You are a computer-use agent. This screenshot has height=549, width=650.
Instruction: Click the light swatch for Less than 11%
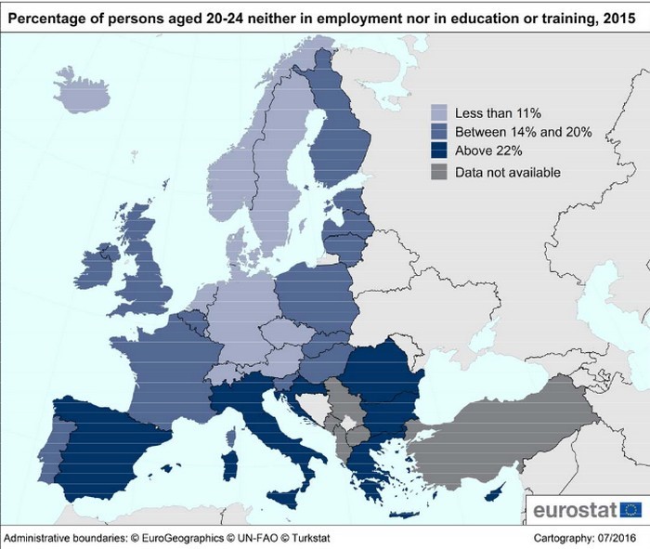[x=439, y=113]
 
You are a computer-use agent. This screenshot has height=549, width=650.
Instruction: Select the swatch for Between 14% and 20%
[x=439, y=133]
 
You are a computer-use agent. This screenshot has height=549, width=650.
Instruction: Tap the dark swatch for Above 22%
[x=439, y=152]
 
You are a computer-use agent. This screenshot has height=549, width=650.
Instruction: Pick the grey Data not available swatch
[x=439, y=172]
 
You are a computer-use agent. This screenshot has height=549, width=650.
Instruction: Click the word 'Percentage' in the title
[x=46, y=12]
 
